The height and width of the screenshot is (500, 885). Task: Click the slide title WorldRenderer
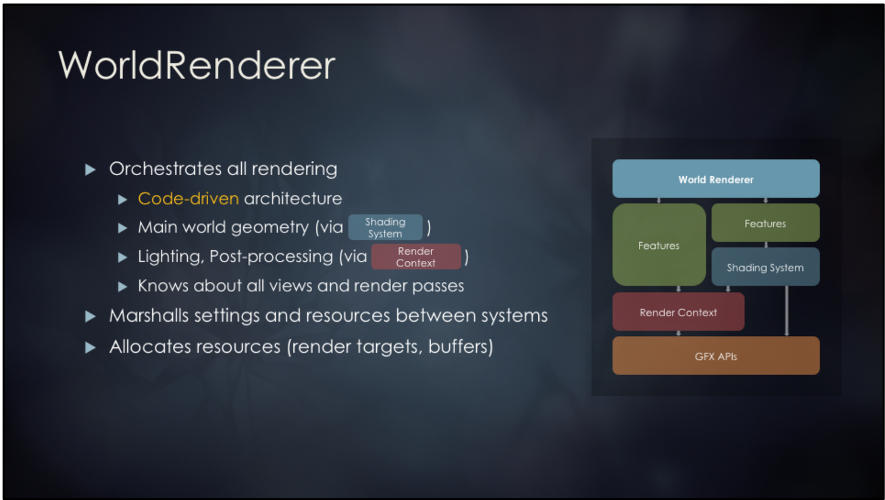tap(196, 65)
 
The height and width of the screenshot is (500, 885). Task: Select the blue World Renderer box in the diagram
tap(715, 179)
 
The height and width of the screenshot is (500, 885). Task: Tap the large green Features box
tap(659, 245)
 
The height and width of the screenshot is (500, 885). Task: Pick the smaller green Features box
tap(765, 223)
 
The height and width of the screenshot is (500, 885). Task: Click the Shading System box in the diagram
tap(765, 268)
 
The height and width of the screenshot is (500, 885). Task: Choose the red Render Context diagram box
tap(678, 312)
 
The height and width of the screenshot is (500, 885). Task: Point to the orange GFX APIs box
tap(715, 357)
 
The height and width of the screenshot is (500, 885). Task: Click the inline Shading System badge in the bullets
tap(385, 227)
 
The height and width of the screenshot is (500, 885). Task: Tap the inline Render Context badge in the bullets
tap(416, 257)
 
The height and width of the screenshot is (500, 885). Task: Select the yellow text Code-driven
tap(188, 199)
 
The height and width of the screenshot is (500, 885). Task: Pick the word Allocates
tap(150, 346)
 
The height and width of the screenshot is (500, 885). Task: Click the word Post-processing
tap(271, 257)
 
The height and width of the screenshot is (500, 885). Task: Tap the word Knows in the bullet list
tap(163, 286)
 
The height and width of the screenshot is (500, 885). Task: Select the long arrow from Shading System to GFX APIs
tap(787, 311)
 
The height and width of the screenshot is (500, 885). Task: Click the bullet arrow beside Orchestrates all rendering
tap(91, 169)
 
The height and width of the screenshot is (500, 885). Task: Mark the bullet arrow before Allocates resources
tap(91, 347)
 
